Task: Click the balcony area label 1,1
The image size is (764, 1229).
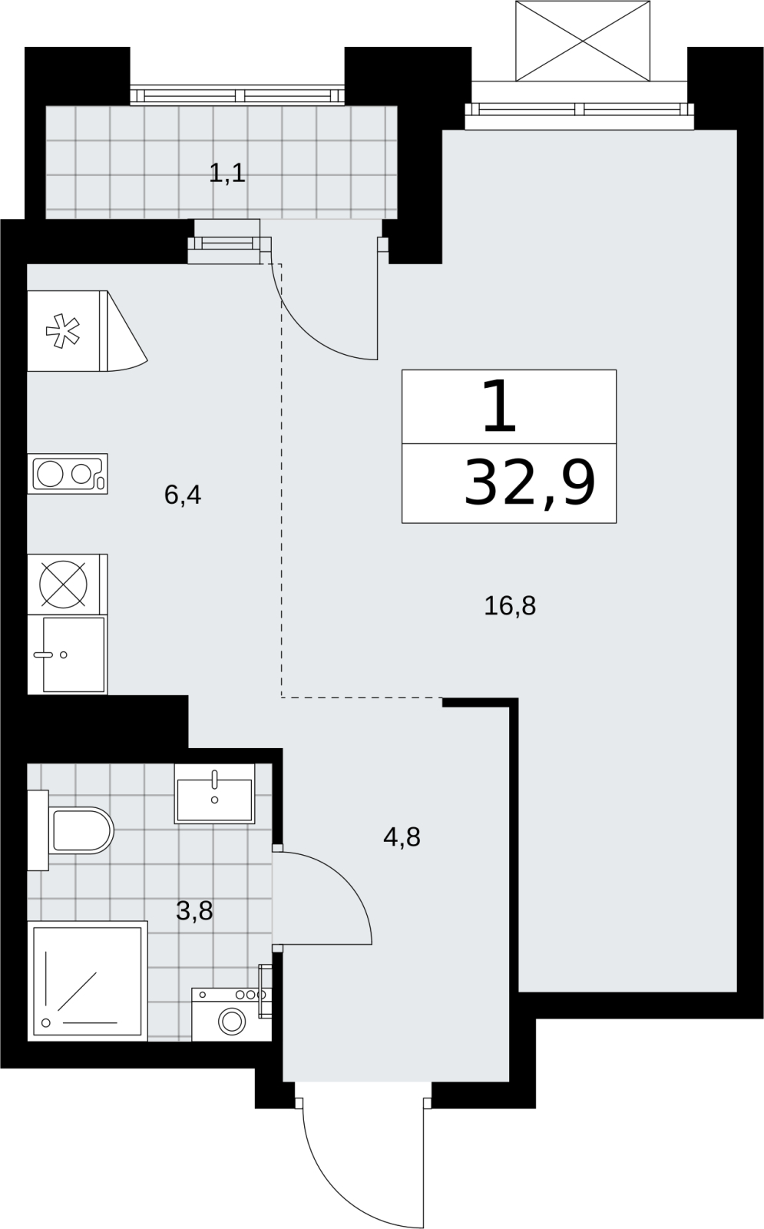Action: pyautogui.click(x=227, y=174)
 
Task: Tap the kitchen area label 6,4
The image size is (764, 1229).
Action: pyautogui.click(x=183, y=495)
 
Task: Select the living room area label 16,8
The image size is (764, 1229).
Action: pyautogui.click(x=510, y=606)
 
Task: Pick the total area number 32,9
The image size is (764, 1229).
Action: pyautogui.click(x=529, y=483)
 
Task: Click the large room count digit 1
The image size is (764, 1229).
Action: pyautogui.click(x=500, y=406)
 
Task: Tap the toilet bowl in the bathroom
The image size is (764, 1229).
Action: pyautogui.click(x=81, y=830)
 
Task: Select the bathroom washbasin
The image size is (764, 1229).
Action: pyautogui.click(x=214, y=793)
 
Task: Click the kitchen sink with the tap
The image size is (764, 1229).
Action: pyautogui.click(x=74, y=654)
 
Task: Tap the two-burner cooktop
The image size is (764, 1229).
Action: pyautogui.click(x=68, y=473)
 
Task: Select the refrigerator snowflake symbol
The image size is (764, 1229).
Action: pyautogui.click(x=62, y=331)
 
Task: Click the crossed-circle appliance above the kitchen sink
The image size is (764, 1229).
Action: pyautogui.click(x=63, y=585)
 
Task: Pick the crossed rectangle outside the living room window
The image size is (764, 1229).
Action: pyautogui.click(x=583, y=41)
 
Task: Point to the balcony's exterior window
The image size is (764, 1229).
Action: pyautogui.click(x=237, y=95)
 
